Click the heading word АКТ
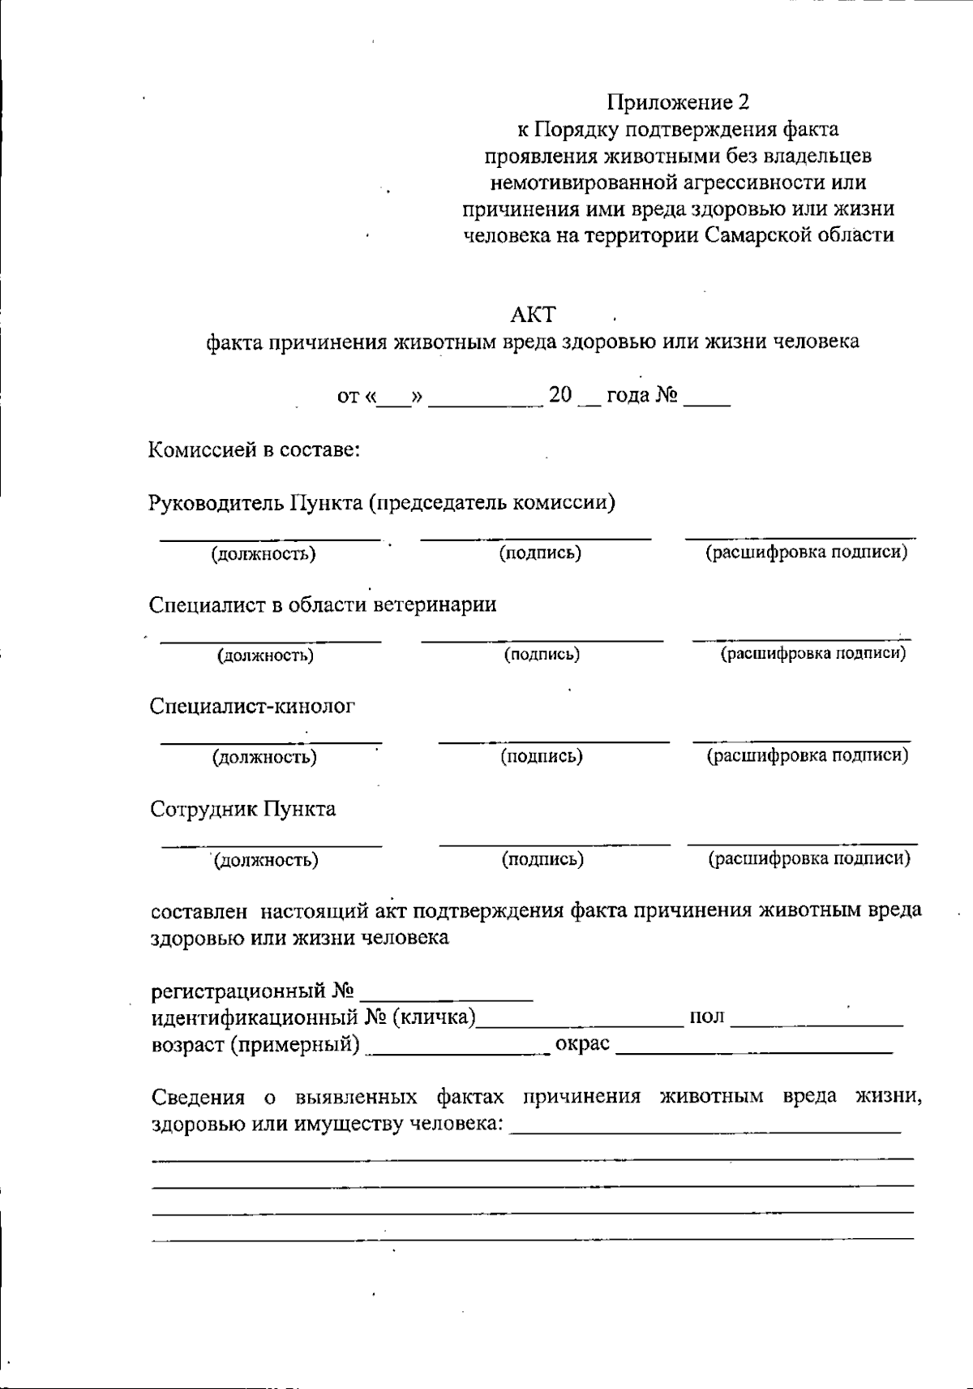(x=533, y=315)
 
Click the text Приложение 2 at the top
(x=679, y=102)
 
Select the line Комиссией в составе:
(x=254, y=449)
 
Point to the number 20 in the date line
(x=560, y=395)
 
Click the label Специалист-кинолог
(x=252, y=706)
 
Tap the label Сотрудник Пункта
(x=243, y=809)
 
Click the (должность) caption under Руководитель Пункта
(x=264, y=554)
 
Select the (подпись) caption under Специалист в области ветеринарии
(x=542, y=654)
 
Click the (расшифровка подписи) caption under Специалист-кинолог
(x=808, y=755)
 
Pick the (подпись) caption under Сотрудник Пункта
(x=542, y=859)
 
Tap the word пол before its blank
(x=707, y=1017)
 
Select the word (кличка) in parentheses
(x=434, y=1017)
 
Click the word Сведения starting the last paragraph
(x=199, y=1097)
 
